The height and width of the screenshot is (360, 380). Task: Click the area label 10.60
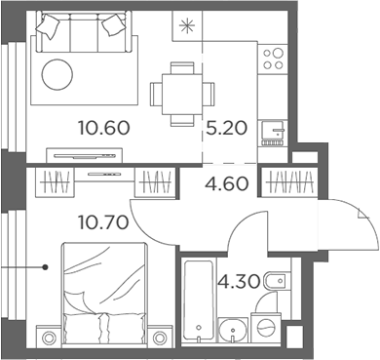(103, 126)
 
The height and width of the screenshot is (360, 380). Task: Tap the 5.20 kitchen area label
(224, 126)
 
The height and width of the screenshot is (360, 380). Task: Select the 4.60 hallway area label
(224, 182)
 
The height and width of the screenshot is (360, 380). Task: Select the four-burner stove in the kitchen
(270, 60)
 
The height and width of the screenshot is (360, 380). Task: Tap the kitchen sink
(272, 128)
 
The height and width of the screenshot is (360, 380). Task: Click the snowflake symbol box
(185, 25)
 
